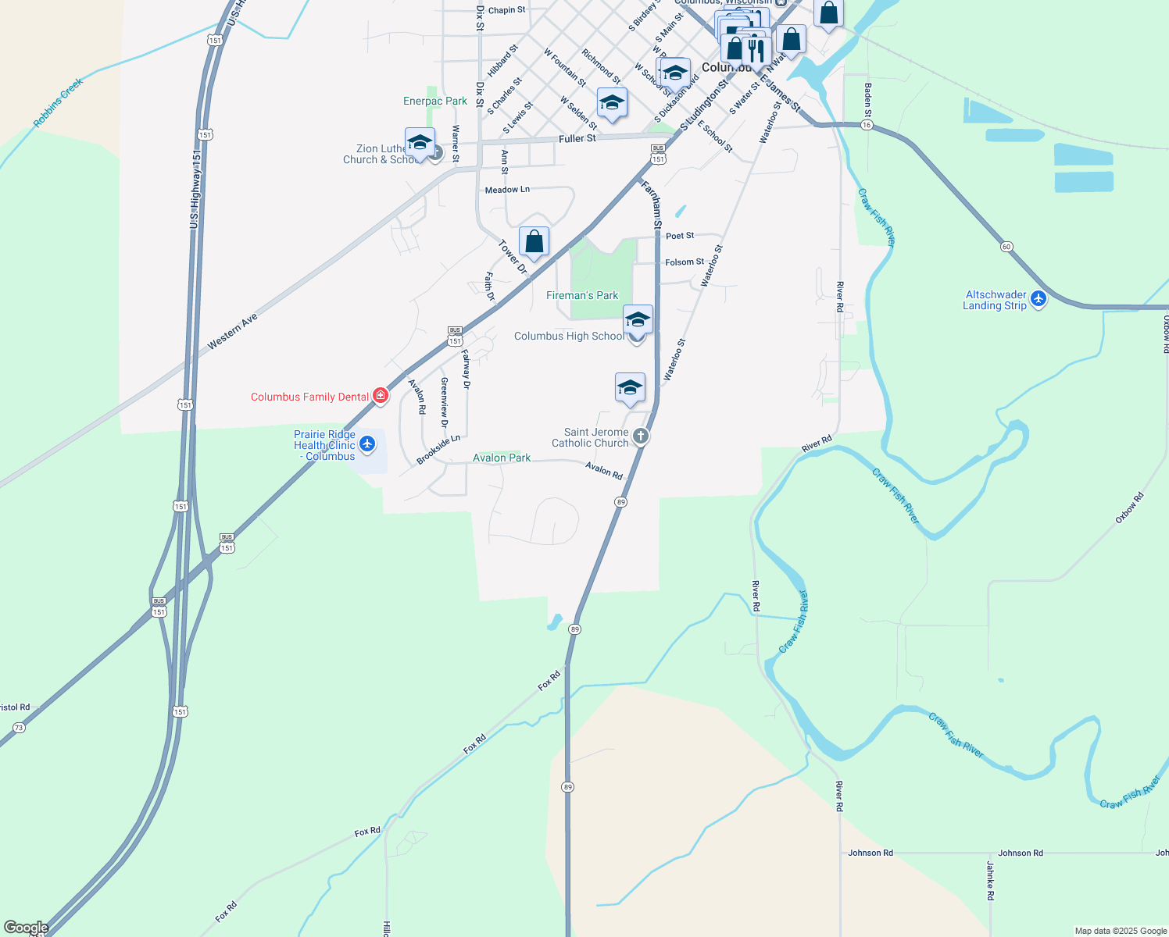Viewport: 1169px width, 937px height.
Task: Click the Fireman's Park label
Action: click(582, 295)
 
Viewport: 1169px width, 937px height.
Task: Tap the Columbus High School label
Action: click(569, 336)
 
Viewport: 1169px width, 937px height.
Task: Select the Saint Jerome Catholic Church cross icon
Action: click(641, 436)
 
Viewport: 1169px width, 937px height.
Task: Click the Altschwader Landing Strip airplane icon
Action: click(1039, 299)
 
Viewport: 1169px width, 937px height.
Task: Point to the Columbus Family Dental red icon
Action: click(381, 396)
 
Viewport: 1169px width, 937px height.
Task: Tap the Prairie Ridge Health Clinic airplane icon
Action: click(366, 445)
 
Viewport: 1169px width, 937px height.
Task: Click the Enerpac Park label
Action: click(435, 101)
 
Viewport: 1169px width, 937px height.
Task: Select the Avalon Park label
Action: click(502, 458)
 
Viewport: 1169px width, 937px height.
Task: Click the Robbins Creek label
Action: click(58, 103)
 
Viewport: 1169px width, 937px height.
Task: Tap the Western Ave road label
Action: click(232, 332)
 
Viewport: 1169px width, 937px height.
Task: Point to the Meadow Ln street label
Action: click(507, 190)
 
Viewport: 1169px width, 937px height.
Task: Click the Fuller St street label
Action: click(577, 138)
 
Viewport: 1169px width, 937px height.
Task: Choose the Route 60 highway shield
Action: click(1006, 247)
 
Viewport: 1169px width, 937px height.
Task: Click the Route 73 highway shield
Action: click(19, 728)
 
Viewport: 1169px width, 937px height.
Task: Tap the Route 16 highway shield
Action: click(866, 125)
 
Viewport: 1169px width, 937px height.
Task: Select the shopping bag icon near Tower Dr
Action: click(534, 242)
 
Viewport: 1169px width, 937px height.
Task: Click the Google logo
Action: click(26, 928)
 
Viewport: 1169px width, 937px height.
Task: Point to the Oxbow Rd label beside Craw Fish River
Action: click(1129, 508)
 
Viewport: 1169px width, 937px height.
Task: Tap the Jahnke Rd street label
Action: click(989, 881)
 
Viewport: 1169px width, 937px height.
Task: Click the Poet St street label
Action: click(680, 235)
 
